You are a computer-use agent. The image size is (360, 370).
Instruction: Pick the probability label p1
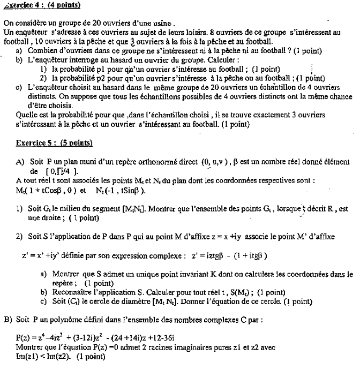pos(107,69)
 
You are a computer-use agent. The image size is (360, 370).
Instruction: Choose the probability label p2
pos(107,78)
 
